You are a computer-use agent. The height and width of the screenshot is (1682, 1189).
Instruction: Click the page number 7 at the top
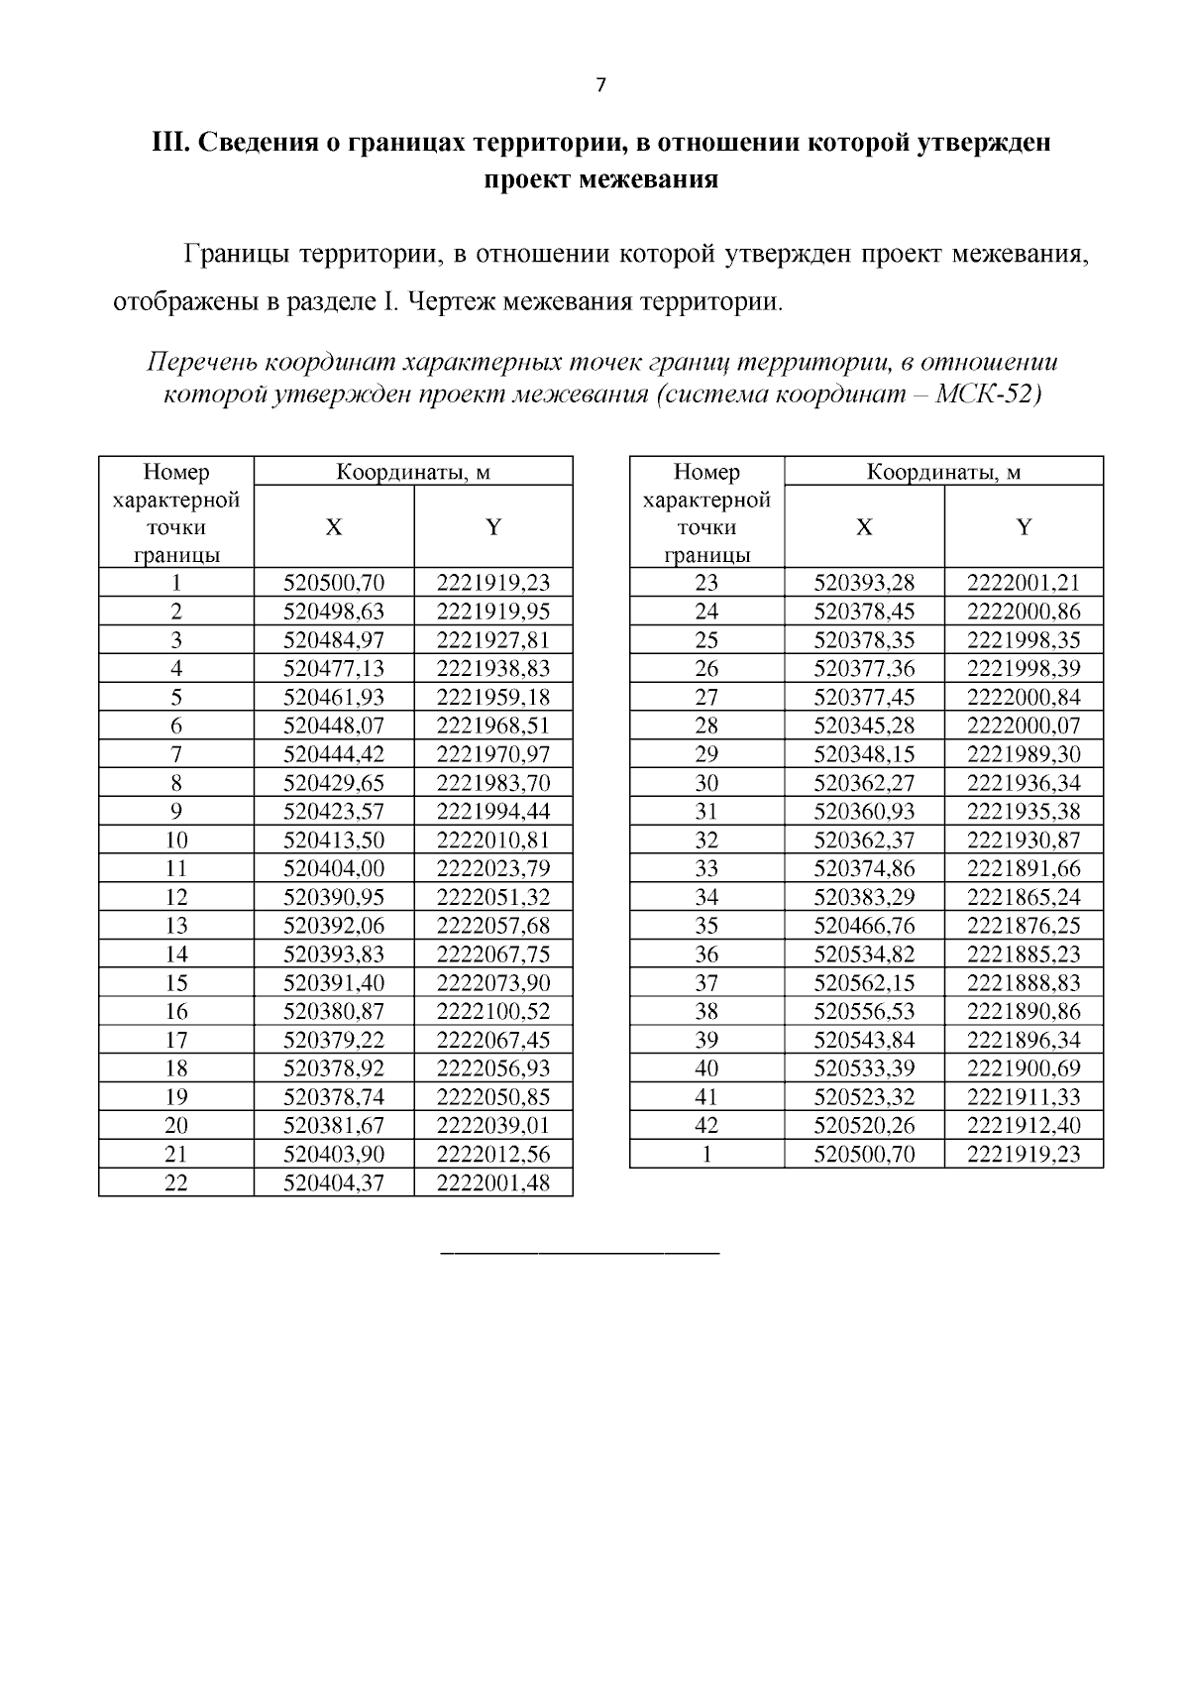(599, 85)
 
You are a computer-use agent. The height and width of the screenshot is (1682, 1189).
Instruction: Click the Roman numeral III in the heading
(168, 143)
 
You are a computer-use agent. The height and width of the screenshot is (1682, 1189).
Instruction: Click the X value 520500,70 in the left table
(334, 583)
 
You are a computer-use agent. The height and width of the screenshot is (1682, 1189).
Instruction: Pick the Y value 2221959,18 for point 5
(492, 698)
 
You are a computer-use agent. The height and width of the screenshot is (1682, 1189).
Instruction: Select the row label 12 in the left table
(176, 898)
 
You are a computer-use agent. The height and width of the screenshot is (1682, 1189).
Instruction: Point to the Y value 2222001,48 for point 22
(492, 1182)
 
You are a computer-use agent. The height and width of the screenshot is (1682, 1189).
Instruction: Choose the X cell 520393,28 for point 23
(864, 583)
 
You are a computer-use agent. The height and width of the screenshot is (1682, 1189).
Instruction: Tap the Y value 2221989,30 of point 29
(1024, 754)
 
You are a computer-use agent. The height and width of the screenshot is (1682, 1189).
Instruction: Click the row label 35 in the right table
(706, 926)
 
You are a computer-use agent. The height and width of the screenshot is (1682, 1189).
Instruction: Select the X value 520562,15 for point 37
(864, 983)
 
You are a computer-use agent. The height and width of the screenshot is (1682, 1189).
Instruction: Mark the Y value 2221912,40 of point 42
(1024, 1126)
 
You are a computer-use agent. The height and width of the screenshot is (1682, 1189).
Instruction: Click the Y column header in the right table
(1024, 527)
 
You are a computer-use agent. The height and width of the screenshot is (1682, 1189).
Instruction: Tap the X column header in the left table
(334, 527)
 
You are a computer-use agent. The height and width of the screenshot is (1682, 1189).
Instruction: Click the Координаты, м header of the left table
(413, 472)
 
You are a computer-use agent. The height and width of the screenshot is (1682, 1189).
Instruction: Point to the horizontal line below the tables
(579, 1255)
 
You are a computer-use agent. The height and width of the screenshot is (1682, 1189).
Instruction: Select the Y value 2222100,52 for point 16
(492, 1012)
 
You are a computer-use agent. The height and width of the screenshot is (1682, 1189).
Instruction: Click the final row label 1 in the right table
(706, 1155)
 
